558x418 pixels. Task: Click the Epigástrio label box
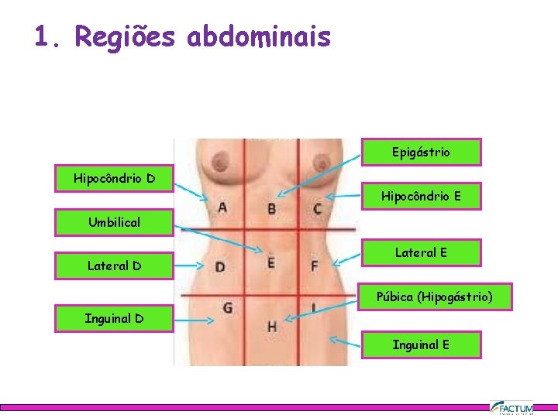(x=421, y=152)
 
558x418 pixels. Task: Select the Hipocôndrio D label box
(x=114, y=179)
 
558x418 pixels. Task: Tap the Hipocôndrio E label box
(x=421, y=197)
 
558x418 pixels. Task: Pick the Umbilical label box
(x=114, y=223)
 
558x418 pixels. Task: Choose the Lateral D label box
(x=114, y=266)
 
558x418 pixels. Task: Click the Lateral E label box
(x=421, y=252)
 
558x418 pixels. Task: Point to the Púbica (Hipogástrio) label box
(x=434, y=296)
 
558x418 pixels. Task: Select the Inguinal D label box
(x=114, y=318)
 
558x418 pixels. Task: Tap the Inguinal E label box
(x=421, y=344)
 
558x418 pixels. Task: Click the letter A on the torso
(x=222, y=207)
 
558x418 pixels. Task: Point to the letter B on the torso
(x=271, y=208)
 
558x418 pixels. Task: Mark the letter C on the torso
(x=318, y=208)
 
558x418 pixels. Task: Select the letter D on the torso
(x=220, y=268)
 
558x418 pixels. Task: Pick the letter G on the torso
(x=227, y=308)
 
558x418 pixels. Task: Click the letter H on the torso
(x=272, y=326)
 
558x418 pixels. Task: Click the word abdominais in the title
(x=259, y=36)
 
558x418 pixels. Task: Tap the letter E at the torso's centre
(x=270, y=262)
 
